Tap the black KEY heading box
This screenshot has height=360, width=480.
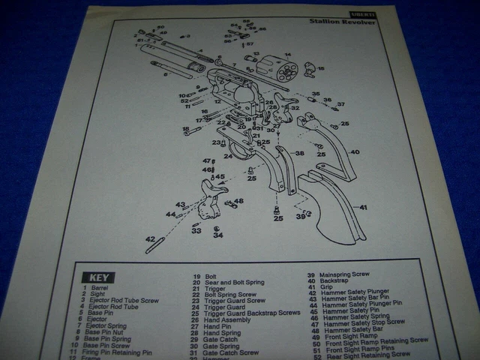(99, 277)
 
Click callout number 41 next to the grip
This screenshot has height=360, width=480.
(363, 207)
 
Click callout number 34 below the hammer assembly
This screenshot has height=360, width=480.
(217, 235)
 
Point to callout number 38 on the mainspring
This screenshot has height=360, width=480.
(299, 153)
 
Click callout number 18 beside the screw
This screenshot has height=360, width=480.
(185, 129)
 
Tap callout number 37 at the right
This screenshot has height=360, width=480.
(340, 105)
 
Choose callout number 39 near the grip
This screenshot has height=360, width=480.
(300, 217)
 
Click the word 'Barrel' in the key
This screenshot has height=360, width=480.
(100, 287)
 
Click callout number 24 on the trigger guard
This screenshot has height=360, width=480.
(228, 156)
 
